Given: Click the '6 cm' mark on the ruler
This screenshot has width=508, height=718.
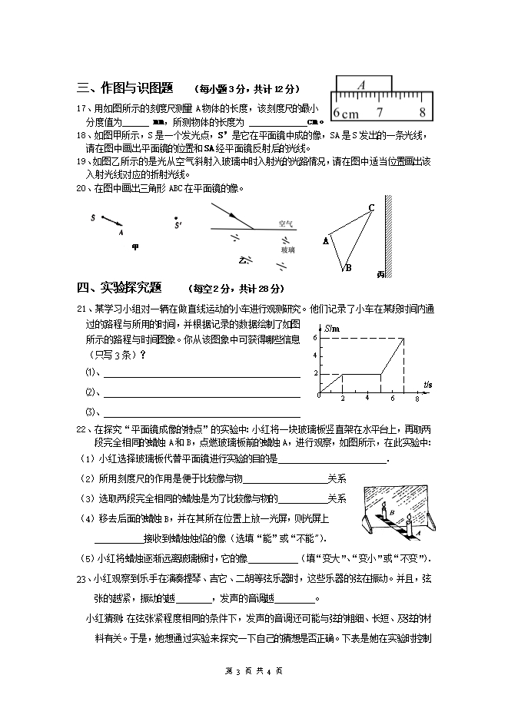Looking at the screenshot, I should pyautogui.click(x=347, y=114).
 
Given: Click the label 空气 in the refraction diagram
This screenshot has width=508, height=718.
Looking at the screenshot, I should pyautogui.click(x=285, y=223).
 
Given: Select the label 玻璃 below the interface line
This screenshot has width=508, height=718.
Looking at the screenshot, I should pyautogui.click(x=287, y=250).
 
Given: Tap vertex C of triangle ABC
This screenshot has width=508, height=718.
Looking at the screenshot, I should pyautogui.click(x=371, y=208).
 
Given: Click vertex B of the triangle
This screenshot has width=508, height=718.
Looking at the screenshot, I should pyautogui.click(x=347, y=269).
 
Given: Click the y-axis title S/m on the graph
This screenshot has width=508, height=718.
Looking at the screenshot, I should pyautogui.click(x=331, y=329).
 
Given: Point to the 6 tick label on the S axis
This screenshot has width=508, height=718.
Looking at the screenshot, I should pyautogui.click(x=315, y=338).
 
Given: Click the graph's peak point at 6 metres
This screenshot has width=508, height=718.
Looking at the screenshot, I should pyautogui.click(x=403, y=339).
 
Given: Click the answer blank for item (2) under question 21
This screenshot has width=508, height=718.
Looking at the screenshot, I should pyautogui.click(x=201, y=394).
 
